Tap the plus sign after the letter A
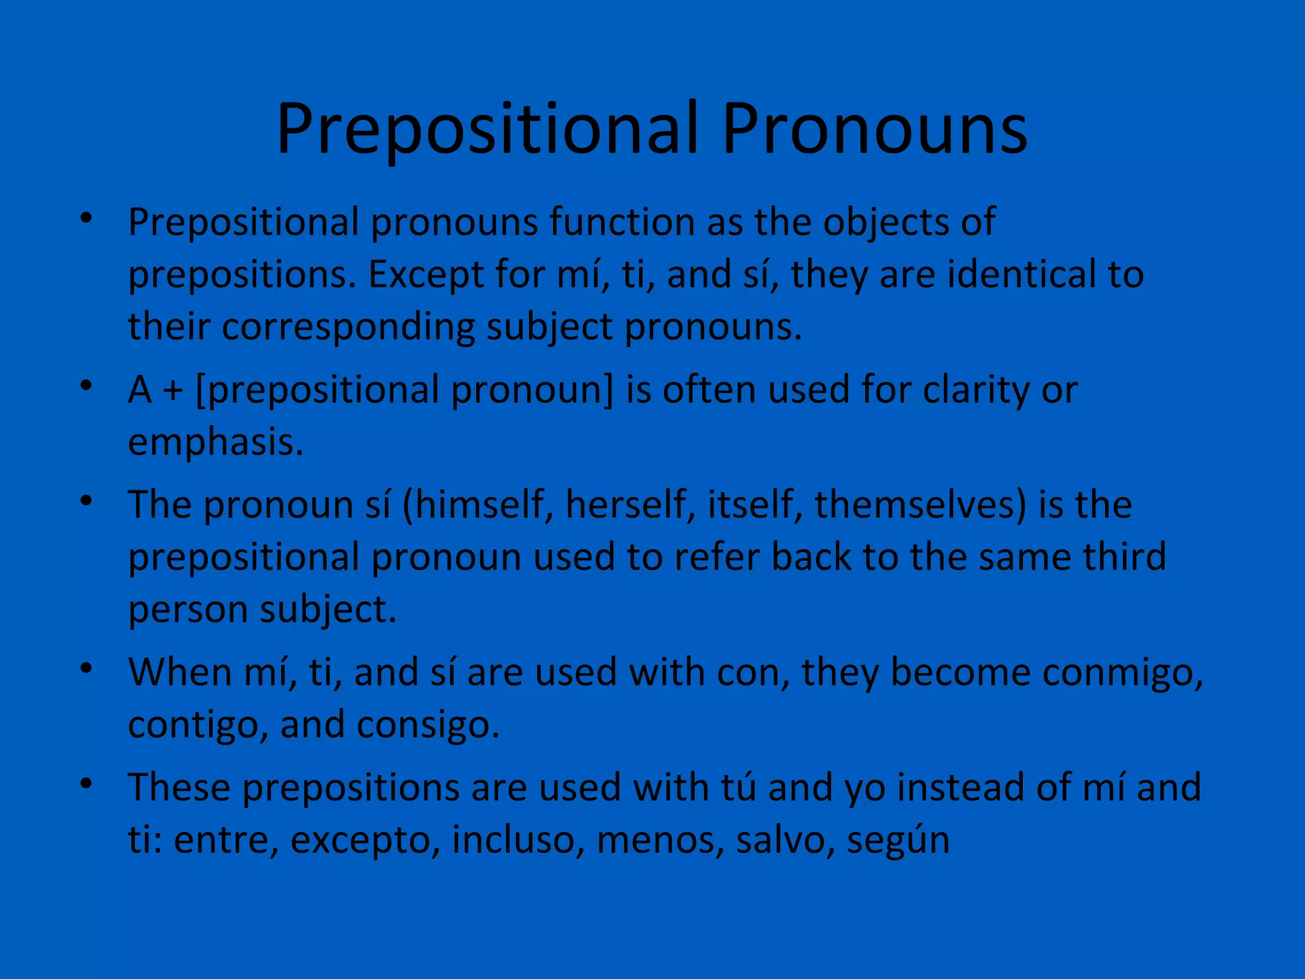click(173, 390)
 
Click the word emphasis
click(215, 442)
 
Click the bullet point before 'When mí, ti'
click(87, 669)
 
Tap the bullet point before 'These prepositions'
click(87, 783)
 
